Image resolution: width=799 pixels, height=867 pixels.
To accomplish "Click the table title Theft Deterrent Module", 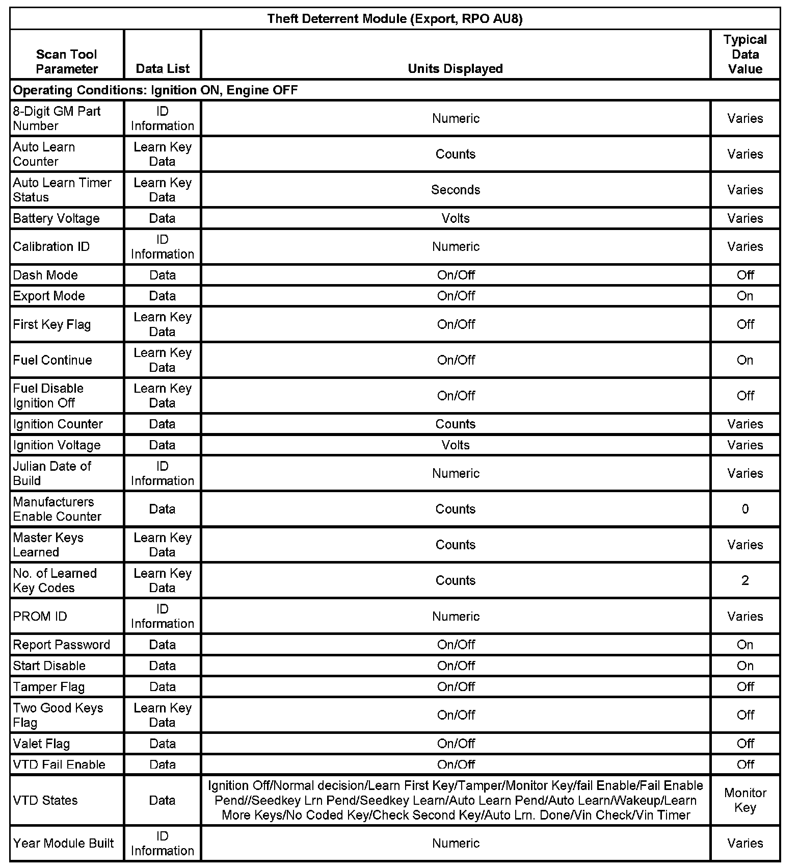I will (x=395, y=19).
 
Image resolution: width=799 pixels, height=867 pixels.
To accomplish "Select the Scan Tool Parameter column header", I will (x=67, y=61).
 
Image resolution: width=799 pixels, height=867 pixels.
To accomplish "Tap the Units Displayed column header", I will (x=455, y=69).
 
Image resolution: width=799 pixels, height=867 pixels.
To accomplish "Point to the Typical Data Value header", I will (x=745, y=54).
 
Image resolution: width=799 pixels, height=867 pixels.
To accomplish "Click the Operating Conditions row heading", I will (x=155, y=90).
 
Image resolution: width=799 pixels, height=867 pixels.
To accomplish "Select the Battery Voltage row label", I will (x=56, y=218).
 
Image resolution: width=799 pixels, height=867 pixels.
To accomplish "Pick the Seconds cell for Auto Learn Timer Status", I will (x=456, y=190).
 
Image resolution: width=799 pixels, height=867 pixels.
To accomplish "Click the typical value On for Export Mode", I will (x=745, y=296).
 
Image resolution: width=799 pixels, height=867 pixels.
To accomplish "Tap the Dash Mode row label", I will (x=45, y=275).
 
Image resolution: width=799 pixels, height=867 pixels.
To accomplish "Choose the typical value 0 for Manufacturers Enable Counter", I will (x=745, y=509).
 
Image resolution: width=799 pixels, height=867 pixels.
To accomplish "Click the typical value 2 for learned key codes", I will (x=745, y=580).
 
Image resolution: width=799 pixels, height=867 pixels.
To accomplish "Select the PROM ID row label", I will (x=40, y=616).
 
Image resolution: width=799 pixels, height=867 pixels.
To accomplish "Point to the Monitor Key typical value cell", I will (x=745, y=800).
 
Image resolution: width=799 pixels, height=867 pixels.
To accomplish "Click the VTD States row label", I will (x=45, y=800).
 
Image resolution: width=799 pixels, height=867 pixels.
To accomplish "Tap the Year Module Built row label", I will (x=63, y=843).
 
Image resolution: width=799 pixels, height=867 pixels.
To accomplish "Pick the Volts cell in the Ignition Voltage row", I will (x=456, y=445).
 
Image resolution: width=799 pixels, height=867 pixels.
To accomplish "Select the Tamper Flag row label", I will (x=48, y=687).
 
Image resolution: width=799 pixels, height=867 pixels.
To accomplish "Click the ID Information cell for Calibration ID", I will (x=163, y=247).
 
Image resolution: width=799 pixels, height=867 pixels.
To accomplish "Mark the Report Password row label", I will (x=61, y=645).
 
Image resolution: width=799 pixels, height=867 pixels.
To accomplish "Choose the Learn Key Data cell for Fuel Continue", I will (x=163, y=360).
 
